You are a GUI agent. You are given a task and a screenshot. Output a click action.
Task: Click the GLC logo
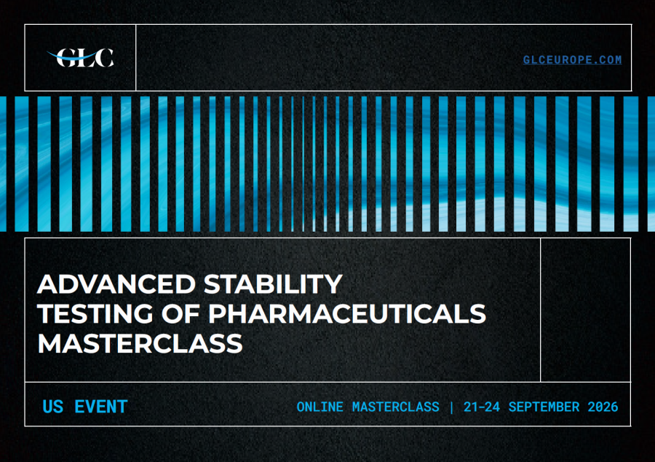[80, 58]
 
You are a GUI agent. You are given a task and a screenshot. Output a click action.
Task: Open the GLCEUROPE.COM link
[572, 60]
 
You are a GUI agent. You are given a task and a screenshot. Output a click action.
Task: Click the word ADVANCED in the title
[116, 284]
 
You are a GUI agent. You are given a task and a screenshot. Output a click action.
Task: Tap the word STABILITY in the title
[273, 284]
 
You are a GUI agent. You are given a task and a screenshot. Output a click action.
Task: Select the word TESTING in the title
[95, 313]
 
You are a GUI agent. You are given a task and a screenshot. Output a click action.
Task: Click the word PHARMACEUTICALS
[347, 313]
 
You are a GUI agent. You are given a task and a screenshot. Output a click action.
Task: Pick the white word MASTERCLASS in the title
[140, 343]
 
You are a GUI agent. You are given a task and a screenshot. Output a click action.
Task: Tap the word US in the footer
[53, 407]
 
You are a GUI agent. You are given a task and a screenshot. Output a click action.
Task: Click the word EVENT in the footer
[101, 407]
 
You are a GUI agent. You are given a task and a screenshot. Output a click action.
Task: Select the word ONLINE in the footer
[320, 407]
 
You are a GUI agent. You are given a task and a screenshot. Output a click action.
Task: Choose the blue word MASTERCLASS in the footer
[396, 407]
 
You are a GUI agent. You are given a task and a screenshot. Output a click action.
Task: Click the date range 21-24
[482, 407]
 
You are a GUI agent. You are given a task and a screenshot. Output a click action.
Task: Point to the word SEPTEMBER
[544, 407]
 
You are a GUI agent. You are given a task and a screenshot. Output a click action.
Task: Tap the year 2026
[603, 407]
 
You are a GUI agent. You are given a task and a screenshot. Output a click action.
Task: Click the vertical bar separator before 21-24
[451, 407]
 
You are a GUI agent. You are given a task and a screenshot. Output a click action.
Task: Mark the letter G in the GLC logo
[65, 58]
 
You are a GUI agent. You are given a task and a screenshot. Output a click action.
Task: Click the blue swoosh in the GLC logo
[72, 56]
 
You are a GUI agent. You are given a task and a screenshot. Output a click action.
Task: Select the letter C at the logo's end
[104, 58]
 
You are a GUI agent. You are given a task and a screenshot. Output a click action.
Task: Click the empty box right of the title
[586, 310]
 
